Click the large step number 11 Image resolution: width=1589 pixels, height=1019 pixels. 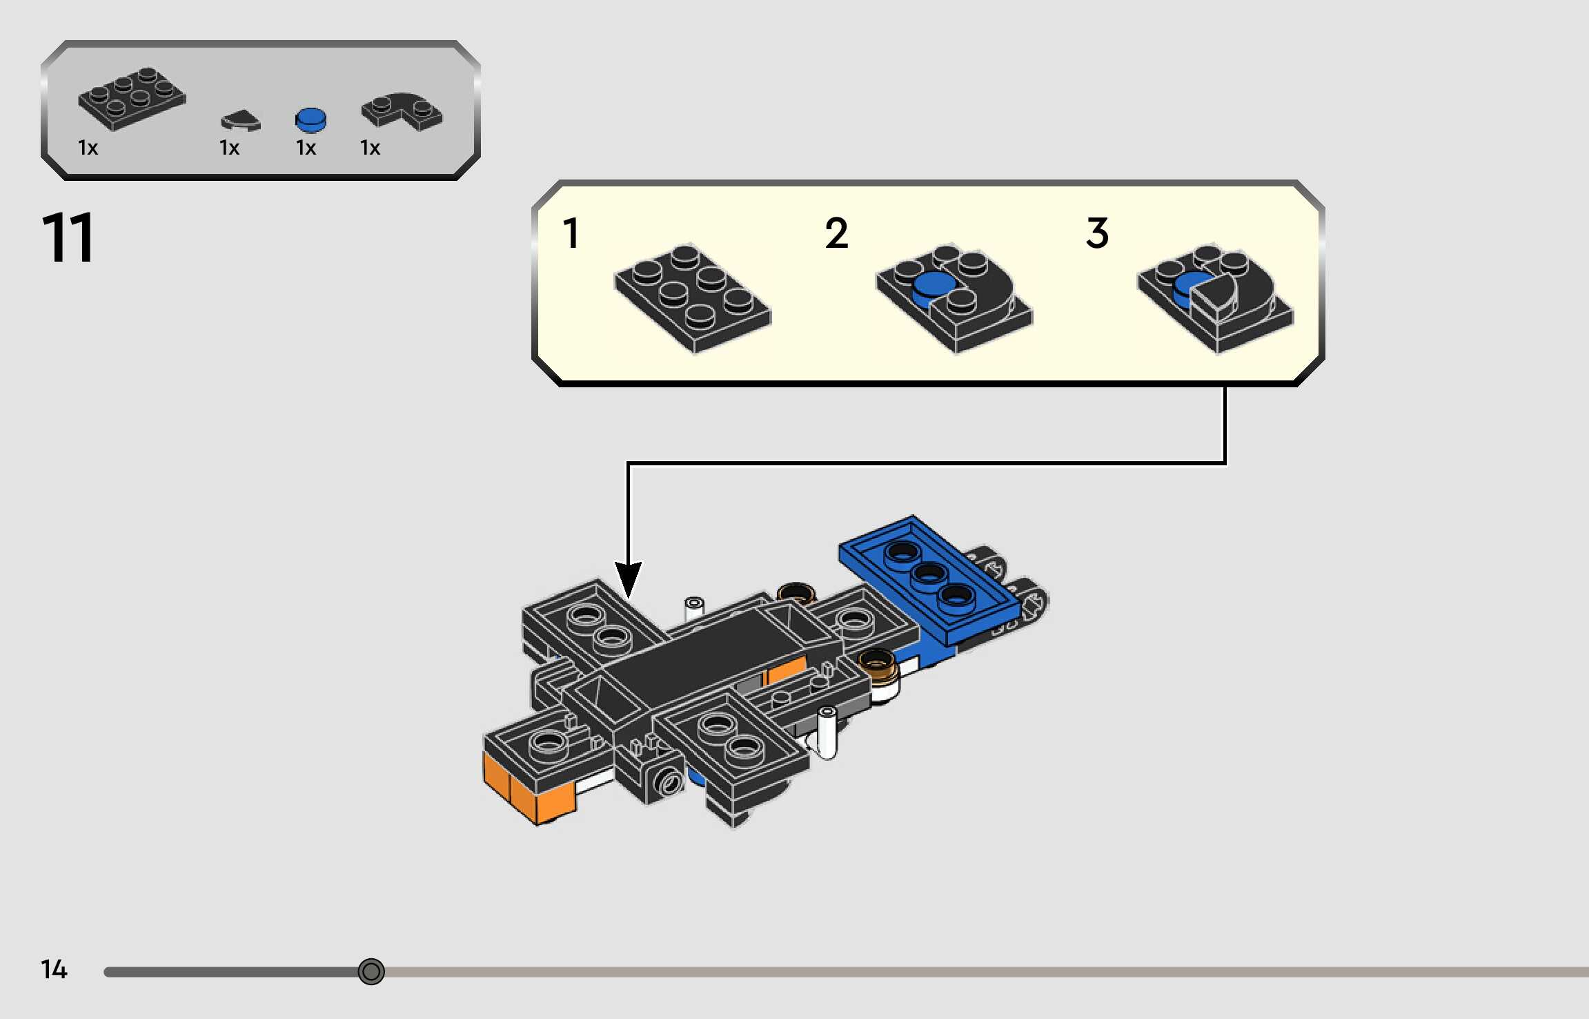tap(68, 238)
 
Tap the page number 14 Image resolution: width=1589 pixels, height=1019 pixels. tap(54, 969)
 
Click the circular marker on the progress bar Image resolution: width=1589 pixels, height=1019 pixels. tap(371, 971)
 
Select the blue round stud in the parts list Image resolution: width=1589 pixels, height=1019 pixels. tap(310, 119)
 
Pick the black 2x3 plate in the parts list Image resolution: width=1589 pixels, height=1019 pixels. tap(131, 98)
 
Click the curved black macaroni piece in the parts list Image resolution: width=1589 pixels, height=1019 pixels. tap(402, 110)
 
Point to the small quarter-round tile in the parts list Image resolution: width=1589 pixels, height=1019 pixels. tap(240, 121)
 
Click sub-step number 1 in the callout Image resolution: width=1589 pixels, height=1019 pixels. tap(571, 233)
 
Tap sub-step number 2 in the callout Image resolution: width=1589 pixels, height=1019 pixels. tap(836, 233)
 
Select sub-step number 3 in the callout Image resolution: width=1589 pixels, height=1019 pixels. tap(1097, 233)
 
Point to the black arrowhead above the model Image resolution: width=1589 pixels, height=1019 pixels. tap(628, 580)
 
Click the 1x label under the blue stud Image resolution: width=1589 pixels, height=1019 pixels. tap(306, 148)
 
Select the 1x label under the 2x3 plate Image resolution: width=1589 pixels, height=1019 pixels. tap(88, 148)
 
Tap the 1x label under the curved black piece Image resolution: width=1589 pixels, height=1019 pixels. tap(370, 148)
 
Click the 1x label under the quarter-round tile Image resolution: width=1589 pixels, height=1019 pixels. tap(229, 148)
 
